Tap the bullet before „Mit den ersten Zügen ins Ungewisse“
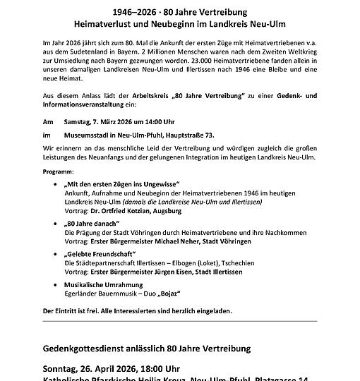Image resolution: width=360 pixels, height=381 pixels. tap(56, 183)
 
